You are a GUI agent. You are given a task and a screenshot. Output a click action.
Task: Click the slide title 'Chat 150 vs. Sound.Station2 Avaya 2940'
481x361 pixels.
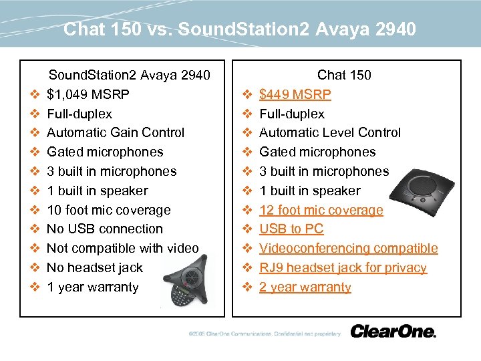[x=240, y=29]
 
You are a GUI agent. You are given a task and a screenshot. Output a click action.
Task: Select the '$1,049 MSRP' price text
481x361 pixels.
[x=88, y=94]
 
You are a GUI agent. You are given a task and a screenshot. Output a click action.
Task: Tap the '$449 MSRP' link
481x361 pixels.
[x=295, y=94]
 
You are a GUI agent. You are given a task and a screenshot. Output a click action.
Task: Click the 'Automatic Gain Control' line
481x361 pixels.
[x=116, y=132]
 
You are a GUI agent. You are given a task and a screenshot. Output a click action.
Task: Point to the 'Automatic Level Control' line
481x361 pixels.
[x=329, y=132]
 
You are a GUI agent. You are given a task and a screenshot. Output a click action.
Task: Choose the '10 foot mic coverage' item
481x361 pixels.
[x=109, y=210]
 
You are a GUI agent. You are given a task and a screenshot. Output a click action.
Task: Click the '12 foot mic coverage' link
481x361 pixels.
[x=321, y=210]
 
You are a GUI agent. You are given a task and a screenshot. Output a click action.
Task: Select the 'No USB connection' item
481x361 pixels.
[x=105, y=229]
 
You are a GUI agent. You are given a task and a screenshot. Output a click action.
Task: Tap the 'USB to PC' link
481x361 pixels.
[x=291, y=229]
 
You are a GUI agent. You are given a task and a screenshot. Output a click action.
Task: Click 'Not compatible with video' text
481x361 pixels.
[x=122, y=248]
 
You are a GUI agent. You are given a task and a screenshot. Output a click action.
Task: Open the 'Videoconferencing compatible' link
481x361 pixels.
[x=348, y=248]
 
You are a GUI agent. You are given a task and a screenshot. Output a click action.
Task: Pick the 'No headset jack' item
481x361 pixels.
[x=95, y=267]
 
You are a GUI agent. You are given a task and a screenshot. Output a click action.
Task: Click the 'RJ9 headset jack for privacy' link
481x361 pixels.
[x=343, y=267]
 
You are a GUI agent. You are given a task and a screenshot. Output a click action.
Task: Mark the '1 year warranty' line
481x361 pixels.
[x=93, y=287]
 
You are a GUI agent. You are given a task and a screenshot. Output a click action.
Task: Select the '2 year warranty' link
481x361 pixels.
[x=305, y=287]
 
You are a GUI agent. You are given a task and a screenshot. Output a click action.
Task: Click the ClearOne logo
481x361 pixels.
[x=393, y=331]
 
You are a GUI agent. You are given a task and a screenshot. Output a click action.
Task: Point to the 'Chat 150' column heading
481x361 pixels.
[x=344, y=75]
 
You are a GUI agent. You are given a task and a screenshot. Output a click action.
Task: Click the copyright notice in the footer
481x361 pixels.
[x=264, y=334]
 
